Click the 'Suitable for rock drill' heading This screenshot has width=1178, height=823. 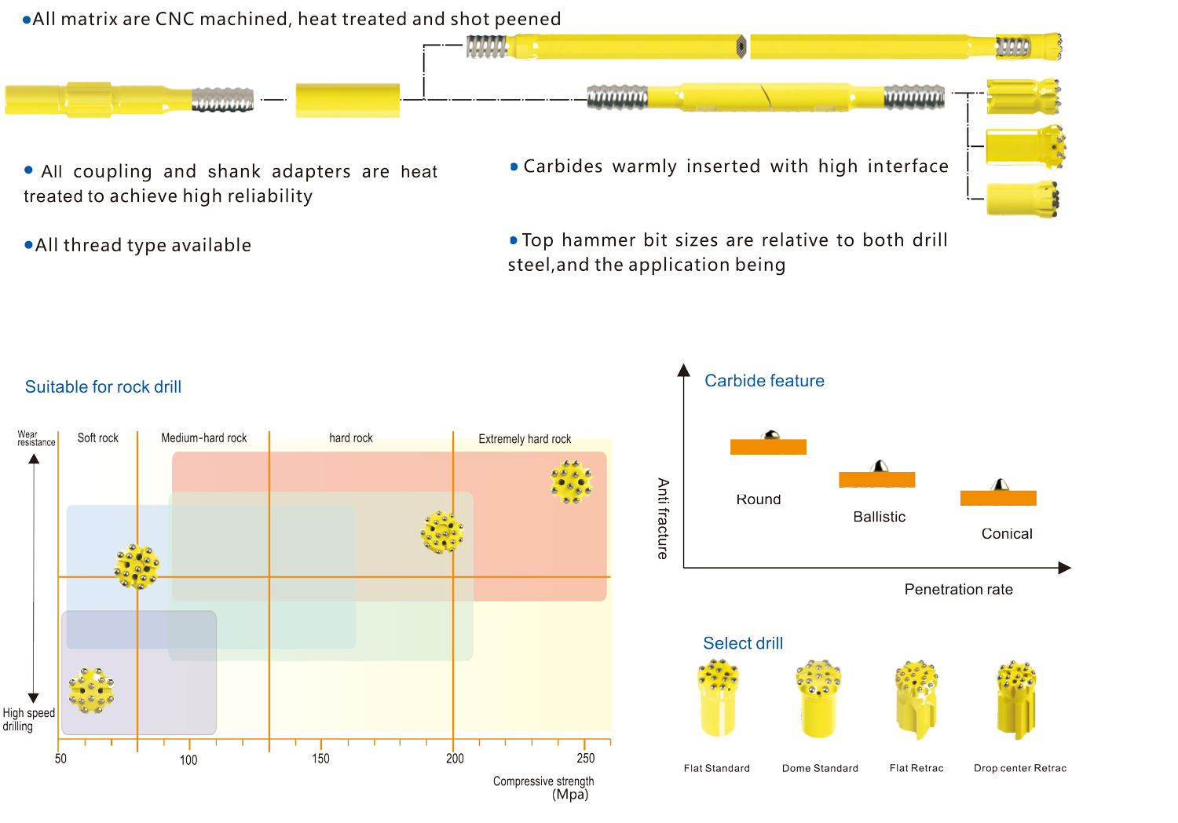click(103, 387)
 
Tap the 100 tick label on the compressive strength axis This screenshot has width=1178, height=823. click(188, 760)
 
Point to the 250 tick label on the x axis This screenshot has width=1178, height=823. click(585, 759)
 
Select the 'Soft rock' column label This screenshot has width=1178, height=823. click(98, 438)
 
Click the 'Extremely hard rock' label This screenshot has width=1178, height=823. click(525, 439)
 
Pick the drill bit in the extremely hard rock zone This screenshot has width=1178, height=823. click(572, 482)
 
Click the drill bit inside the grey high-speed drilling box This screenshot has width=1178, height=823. click(92, 691)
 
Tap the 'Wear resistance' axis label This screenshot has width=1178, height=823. click(36, 438)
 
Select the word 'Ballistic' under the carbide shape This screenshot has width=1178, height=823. click(880, 517)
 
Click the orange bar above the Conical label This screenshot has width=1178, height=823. click(998, 498)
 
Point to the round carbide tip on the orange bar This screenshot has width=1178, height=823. click(771, 435)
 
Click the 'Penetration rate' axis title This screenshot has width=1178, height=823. click(959, 590)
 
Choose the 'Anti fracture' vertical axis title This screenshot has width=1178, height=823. click(663, 518)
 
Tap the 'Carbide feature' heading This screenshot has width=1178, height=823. click(764, 381)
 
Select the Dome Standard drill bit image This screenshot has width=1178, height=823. click(819, 699)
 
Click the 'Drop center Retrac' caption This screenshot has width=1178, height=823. click(1020, 768)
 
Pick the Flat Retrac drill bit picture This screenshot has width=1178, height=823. click(916, 700)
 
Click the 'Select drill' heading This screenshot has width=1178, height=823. click(743, 643)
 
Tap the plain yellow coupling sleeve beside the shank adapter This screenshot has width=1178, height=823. click(348, 101)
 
